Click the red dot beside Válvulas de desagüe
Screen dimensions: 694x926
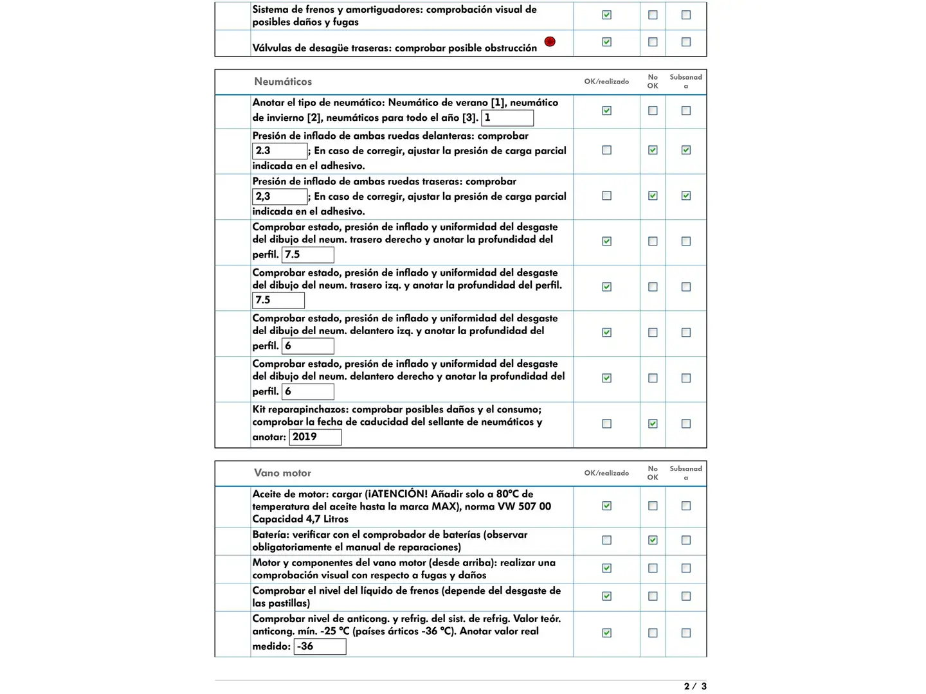click(550, 42)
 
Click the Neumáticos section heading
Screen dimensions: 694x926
click(283, 82)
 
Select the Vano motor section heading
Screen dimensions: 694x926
click(282, 473)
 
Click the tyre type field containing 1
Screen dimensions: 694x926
click(507, 118)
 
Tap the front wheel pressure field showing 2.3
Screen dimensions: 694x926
click(280, 151)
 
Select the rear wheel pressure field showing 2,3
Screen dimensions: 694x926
click(280, 197)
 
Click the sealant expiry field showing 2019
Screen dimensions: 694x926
click(315, 438)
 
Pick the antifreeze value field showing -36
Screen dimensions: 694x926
click(320, 646)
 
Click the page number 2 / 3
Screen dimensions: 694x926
click(695, 686)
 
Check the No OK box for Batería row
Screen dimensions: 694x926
click(653, 540)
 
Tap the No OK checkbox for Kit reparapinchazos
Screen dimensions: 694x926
click(653, 424)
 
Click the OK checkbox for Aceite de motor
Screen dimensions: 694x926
click(606, 506)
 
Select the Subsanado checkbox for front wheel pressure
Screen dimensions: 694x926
click(686, 150)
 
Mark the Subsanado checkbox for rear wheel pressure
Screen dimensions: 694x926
click(686, 196)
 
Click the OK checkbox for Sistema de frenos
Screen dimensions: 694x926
click(606, 15)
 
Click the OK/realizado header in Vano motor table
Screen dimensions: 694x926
click(606, 473)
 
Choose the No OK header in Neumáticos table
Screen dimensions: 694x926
click(653, 82)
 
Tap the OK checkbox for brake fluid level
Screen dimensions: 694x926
click(606, 596)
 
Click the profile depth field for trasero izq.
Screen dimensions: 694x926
click(278, 301)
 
